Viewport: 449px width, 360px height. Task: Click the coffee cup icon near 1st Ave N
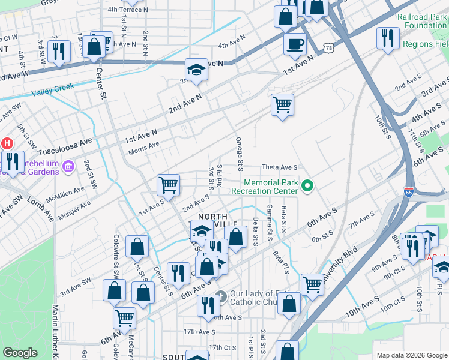[x=295, y=44]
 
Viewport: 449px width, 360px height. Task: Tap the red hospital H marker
[x=7, y=143]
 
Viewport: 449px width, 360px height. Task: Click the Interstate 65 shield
[x=409, y=192]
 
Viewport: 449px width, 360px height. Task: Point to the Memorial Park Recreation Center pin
[x=308, y=187]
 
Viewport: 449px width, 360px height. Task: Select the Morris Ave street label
[x=144, y=145]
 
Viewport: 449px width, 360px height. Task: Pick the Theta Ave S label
[x=280, y=167]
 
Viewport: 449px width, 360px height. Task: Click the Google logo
[x=20, y=353]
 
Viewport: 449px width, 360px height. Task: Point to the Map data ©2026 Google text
[x=411, y=355]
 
